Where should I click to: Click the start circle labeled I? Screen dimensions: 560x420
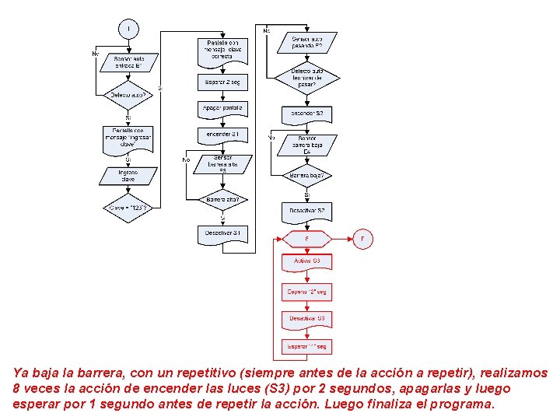coord(128,29)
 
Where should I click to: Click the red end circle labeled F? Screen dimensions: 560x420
coord(362,239)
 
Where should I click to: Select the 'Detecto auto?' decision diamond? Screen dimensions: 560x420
coord(128,96)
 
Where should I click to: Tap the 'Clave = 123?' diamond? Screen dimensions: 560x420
coord(128,208)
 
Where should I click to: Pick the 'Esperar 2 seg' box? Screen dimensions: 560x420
coord(222,82)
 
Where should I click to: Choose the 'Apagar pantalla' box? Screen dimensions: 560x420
coord(222,109)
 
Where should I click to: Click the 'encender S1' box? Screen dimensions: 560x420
coord(222,135)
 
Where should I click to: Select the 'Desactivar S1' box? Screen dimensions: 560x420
coord(222,233)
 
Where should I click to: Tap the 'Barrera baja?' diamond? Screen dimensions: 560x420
coord(306,177)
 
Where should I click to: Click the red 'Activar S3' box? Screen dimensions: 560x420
coord(306,261)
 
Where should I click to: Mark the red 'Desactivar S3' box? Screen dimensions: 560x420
coord(306,320)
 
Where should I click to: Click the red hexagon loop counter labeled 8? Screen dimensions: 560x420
coord(306,239)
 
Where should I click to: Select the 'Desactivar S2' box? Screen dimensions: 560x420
coord(306,212)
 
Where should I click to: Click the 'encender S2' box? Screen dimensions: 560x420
coord(306,114)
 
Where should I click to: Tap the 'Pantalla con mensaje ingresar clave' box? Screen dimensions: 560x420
coord(128,139)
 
